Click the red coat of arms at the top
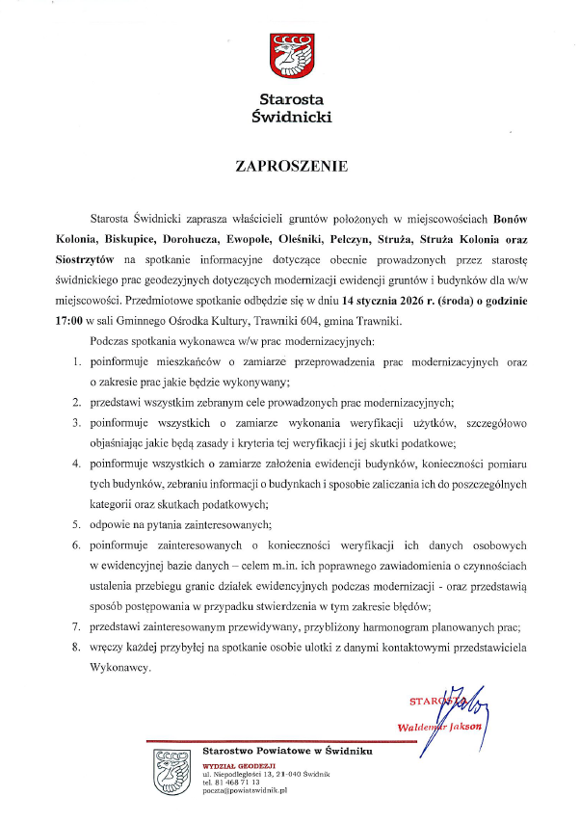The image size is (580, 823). pos(290,56)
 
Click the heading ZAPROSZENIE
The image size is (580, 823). pos(291,166)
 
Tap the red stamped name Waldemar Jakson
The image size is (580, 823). pos(438,727)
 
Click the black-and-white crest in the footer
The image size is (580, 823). pos(171,772)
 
